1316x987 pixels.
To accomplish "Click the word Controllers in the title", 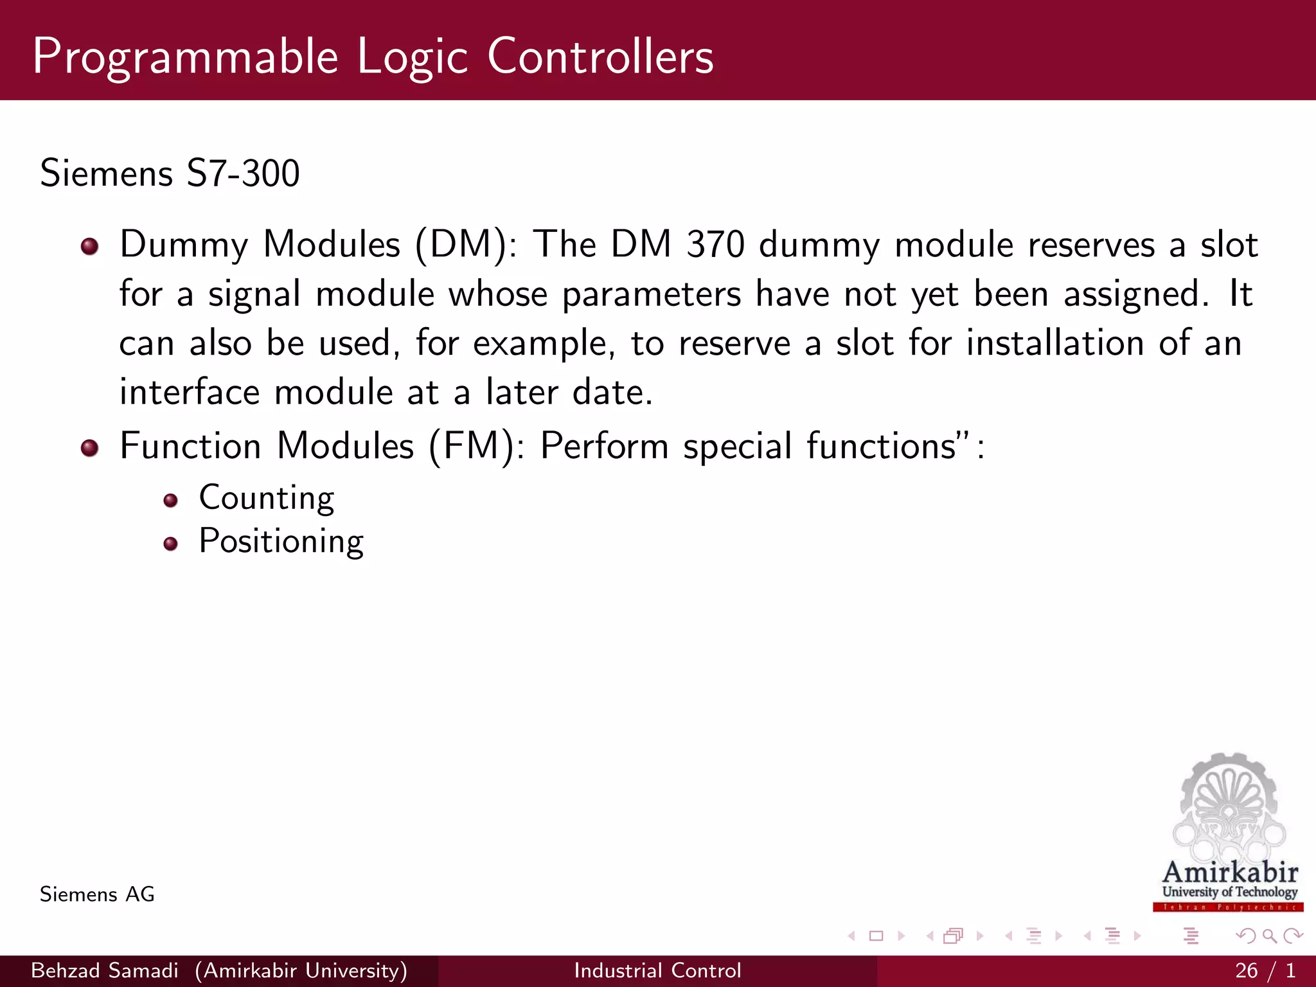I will pyautogui.click(x=600, y=57).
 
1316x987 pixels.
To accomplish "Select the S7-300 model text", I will pyautogui.click(x=243, y=173).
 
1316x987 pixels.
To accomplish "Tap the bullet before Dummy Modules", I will pyautogui.click(x=89, y=247).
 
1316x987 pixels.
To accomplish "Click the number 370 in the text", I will pyautogui.click(x=715, y=245).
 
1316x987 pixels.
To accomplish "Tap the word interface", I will pyautogui.click(x=190, y=392).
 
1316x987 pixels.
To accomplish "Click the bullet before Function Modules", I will pyautogui.click(x=89, y=448).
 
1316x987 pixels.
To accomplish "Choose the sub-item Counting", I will pyautogui.click(x=267, y=499).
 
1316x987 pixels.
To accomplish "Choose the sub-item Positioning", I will pyautogui.click(x=281, y=542).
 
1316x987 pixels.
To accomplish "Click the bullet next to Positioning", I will pyautogui.click(x=170, y=544).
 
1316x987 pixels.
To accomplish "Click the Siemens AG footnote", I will pyautogui.click(x=97, y=894).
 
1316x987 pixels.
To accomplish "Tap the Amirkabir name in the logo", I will pyautogui.click(x=1230, y=873).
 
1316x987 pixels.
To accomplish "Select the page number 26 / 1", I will pyautogui.click(x=1265, y=970).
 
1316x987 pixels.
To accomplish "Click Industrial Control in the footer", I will pyautogui.click(x=657, y=970).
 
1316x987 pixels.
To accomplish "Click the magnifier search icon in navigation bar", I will pyautogui.click(x=1269, y=936).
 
